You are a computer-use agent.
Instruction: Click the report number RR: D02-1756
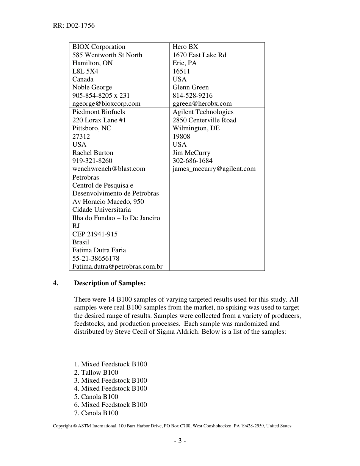[74, 26]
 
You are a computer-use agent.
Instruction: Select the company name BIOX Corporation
[99, 47]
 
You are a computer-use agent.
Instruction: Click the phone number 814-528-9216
[193, 95]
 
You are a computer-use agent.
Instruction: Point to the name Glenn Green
[191, 88]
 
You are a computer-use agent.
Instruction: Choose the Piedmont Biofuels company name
[99, 112]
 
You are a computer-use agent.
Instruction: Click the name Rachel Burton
[93, 153]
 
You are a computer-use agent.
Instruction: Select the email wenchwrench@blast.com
[109, 169]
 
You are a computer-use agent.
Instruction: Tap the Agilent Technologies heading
[203, 112]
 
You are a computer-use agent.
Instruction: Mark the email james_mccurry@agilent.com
[214, 169]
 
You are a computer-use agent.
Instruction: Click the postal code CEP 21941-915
[95, 234]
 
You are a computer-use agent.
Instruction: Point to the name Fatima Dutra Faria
[99, 250]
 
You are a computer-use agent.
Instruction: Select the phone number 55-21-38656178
[96, 258]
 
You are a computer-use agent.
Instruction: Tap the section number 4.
[56, 283]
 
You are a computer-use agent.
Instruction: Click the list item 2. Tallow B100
[96, 372]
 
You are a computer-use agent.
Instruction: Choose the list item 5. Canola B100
[96, 397]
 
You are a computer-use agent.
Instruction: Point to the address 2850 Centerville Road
[205, 120]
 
